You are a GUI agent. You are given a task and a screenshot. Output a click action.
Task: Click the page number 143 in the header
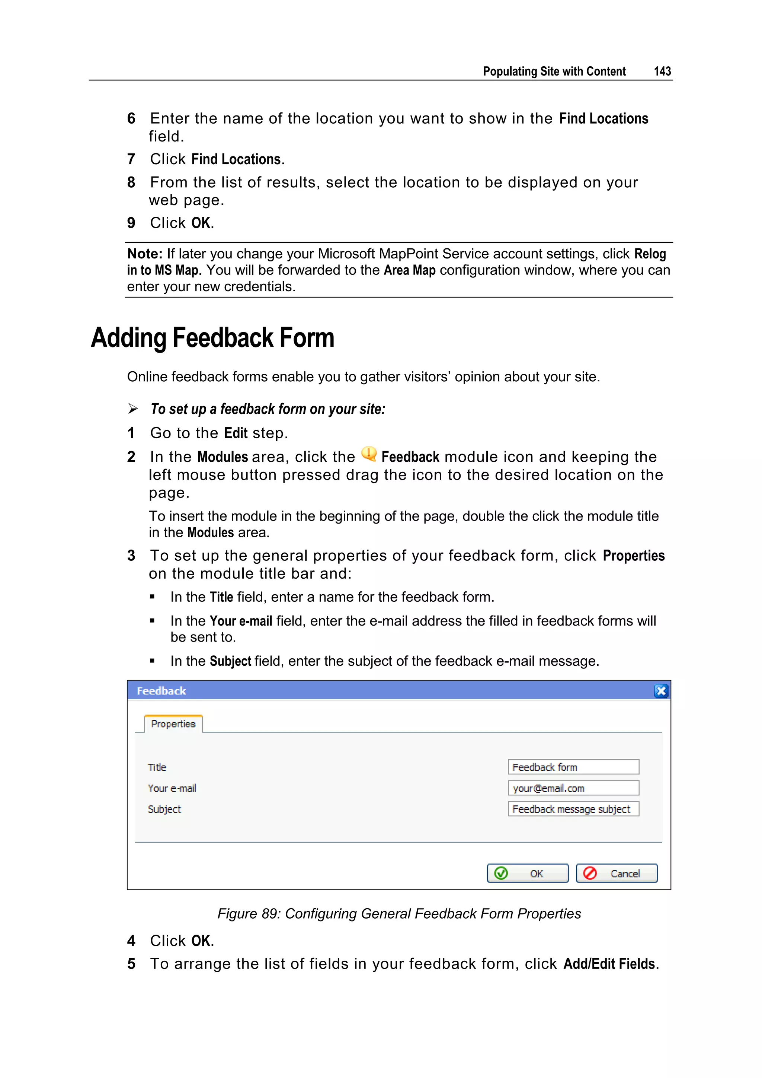662,71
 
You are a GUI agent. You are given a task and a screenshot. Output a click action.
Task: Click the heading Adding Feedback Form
212,338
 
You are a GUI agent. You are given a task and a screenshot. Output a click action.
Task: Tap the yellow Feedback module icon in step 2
369,454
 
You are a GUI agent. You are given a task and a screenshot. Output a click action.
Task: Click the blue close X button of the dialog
661,691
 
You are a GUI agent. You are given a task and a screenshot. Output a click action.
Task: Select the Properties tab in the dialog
173,724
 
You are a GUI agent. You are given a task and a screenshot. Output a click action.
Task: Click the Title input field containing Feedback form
573,767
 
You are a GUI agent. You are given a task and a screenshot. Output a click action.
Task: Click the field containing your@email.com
573,788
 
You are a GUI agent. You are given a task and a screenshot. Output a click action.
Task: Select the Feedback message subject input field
573,809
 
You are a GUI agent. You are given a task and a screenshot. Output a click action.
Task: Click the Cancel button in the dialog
616,873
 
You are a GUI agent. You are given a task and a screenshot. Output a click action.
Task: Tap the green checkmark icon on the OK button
501,873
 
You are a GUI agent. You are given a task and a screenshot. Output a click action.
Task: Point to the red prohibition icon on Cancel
590,873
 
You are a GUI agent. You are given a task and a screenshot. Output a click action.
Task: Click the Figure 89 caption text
399,914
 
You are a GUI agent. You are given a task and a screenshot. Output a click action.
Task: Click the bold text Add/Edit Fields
611,964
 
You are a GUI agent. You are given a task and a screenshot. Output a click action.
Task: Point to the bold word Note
144,254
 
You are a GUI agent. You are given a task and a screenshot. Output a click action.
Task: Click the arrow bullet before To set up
133,409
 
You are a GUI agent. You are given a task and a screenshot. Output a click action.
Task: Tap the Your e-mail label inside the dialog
172,788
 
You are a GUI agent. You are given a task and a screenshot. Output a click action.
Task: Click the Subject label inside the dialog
164,809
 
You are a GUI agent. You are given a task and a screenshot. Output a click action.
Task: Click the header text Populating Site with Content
554,71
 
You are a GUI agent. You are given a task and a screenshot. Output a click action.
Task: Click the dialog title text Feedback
161,691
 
